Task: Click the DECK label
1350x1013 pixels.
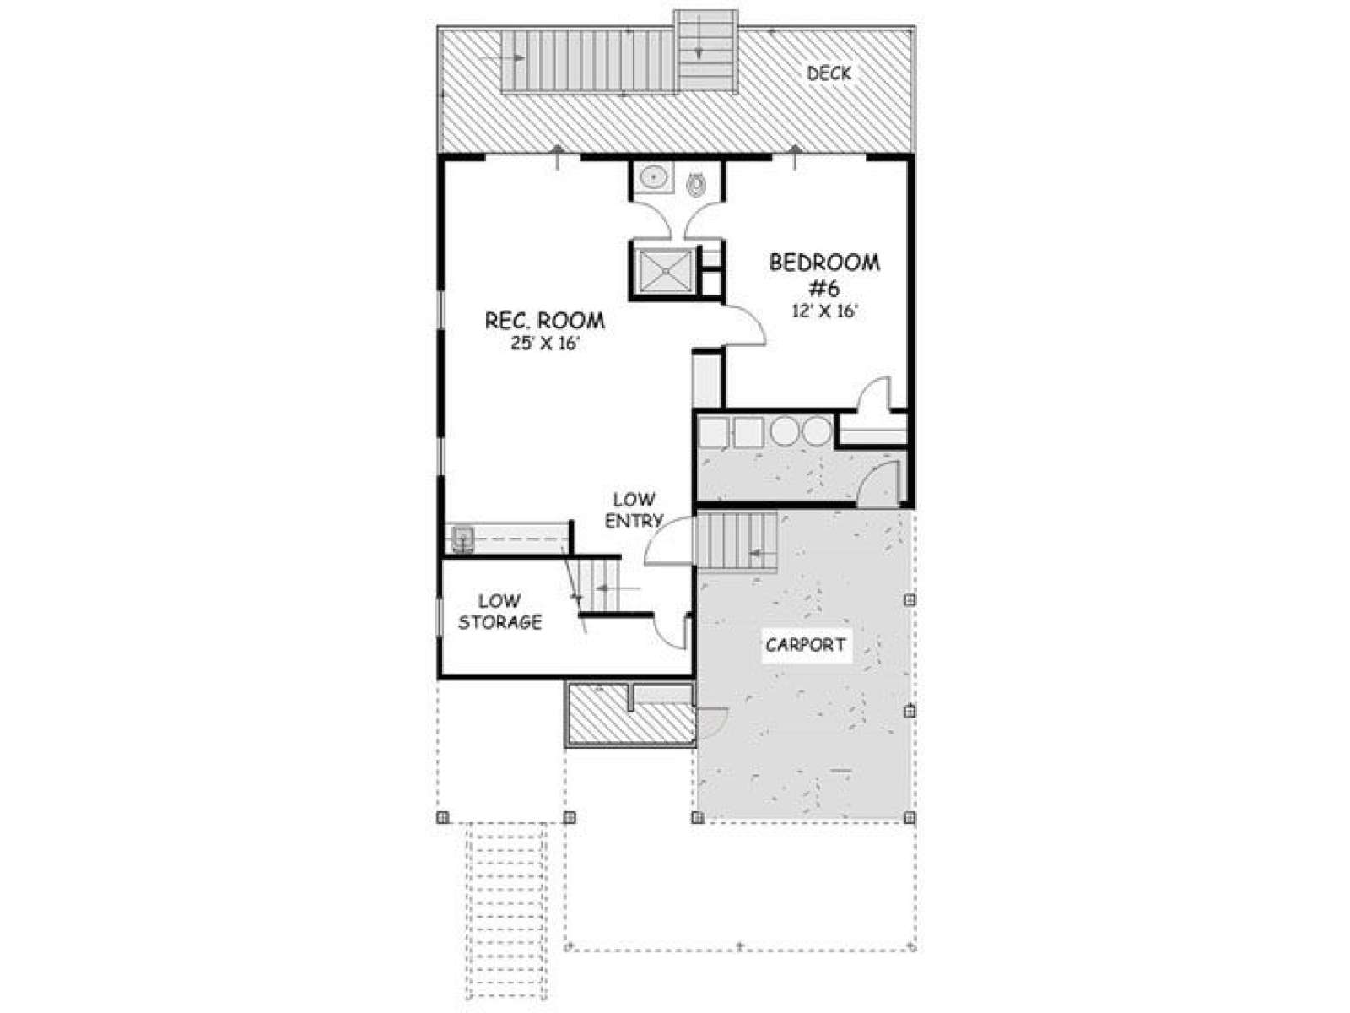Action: tap(829, 73)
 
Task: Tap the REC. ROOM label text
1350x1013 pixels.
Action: tap(545, 321)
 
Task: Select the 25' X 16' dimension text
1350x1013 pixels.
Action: tap(546, 344)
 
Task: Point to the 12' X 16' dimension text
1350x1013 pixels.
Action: tap(824, 311)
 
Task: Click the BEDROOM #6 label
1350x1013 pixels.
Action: tap(824, 274)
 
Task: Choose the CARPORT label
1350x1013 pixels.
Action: tap(806, 645)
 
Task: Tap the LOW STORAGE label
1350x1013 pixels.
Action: tap(500, 611)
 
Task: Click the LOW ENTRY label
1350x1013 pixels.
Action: tap(634, 510)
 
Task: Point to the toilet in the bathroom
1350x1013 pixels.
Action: tap(695, 184)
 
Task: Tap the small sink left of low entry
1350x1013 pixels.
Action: tap(463, 540)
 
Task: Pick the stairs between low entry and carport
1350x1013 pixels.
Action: tap(737, 542)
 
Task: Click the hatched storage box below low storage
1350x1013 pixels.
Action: tap(629, 712)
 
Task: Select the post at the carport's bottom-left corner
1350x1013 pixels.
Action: tap(697, 817)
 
